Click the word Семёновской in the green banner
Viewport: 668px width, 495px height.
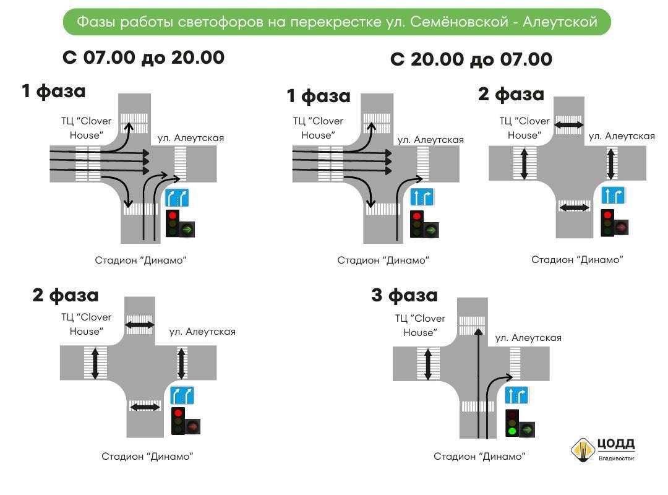(x=459, y=22)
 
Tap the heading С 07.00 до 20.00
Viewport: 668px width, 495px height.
(x=143, y=58)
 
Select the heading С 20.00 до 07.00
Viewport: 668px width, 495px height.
(x=471, y=59)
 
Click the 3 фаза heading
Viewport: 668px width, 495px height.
(x=405, y=295)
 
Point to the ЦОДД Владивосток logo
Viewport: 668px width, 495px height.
(x=602, y=449)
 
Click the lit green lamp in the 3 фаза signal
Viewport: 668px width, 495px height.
(x=512, y=431)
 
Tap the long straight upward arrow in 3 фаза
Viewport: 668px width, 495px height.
(x=478, y=383)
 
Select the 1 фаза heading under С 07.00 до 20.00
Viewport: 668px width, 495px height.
(x=54, y=91)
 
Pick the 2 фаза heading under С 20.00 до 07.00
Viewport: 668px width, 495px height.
(x=512, y=94)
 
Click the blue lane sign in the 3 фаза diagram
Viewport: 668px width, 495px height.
(x=516, y=395)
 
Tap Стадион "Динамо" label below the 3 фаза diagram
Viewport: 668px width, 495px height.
(x=479, y=457)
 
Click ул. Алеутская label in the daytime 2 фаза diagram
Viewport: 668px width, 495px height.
(x=202, y=332)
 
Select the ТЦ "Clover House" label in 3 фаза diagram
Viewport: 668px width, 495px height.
(x=420, y=325)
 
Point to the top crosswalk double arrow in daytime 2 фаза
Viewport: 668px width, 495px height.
(x=140, y=325)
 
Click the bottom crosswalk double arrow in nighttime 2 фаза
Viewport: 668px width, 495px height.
(x=574, y=208)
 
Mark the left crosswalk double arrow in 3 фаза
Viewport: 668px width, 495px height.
(x=428, y=364)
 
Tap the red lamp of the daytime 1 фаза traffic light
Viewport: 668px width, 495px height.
(x=173, y=215)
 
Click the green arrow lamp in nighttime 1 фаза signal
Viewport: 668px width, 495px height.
(x=432, y=230)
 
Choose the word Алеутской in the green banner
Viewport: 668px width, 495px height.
(x=560, y=22)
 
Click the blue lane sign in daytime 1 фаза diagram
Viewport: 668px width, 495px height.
(x=178, y=198)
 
